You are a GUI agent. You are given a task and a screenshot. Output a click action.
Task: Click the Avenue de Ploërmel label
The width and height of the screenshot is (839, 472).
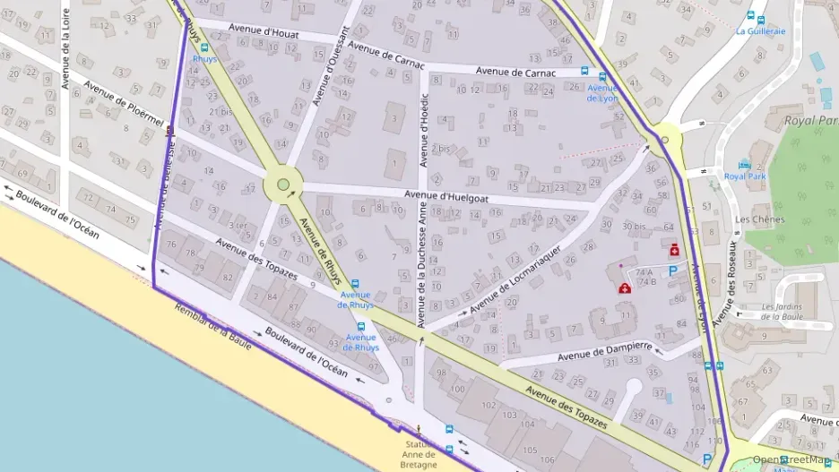(124, 106)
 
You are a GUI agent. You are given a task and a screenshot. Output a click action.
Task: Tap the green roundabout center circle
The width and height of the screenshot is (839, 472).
(283, 185)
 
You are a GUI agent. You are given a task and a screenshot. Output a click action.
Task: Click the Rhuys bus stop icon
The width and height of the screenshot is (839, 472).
(205, 47)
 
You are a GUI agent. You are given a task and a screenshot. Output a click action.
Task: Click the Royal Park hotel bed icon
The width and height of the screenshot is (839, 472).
(744, 165)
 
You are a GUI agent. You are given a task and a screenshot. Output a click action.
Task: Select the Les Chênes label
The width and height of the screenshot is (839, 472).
(759, 219)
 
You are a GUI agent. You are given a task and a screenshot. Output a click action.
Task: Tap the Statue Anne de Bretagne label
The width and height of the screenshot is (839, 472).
(419, 454)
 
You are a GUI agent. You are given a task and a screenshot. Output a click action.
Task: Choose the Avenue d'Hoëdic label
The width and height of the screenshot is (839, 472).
(424, 130)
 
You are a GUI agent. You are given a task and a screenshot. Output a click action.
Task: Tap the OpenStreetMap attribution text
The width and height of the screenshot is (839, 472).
(794, 459)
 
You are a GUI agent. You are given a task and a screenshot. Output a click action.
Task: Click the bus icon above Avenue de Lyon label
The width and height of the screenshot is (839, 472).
(602, 77)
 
